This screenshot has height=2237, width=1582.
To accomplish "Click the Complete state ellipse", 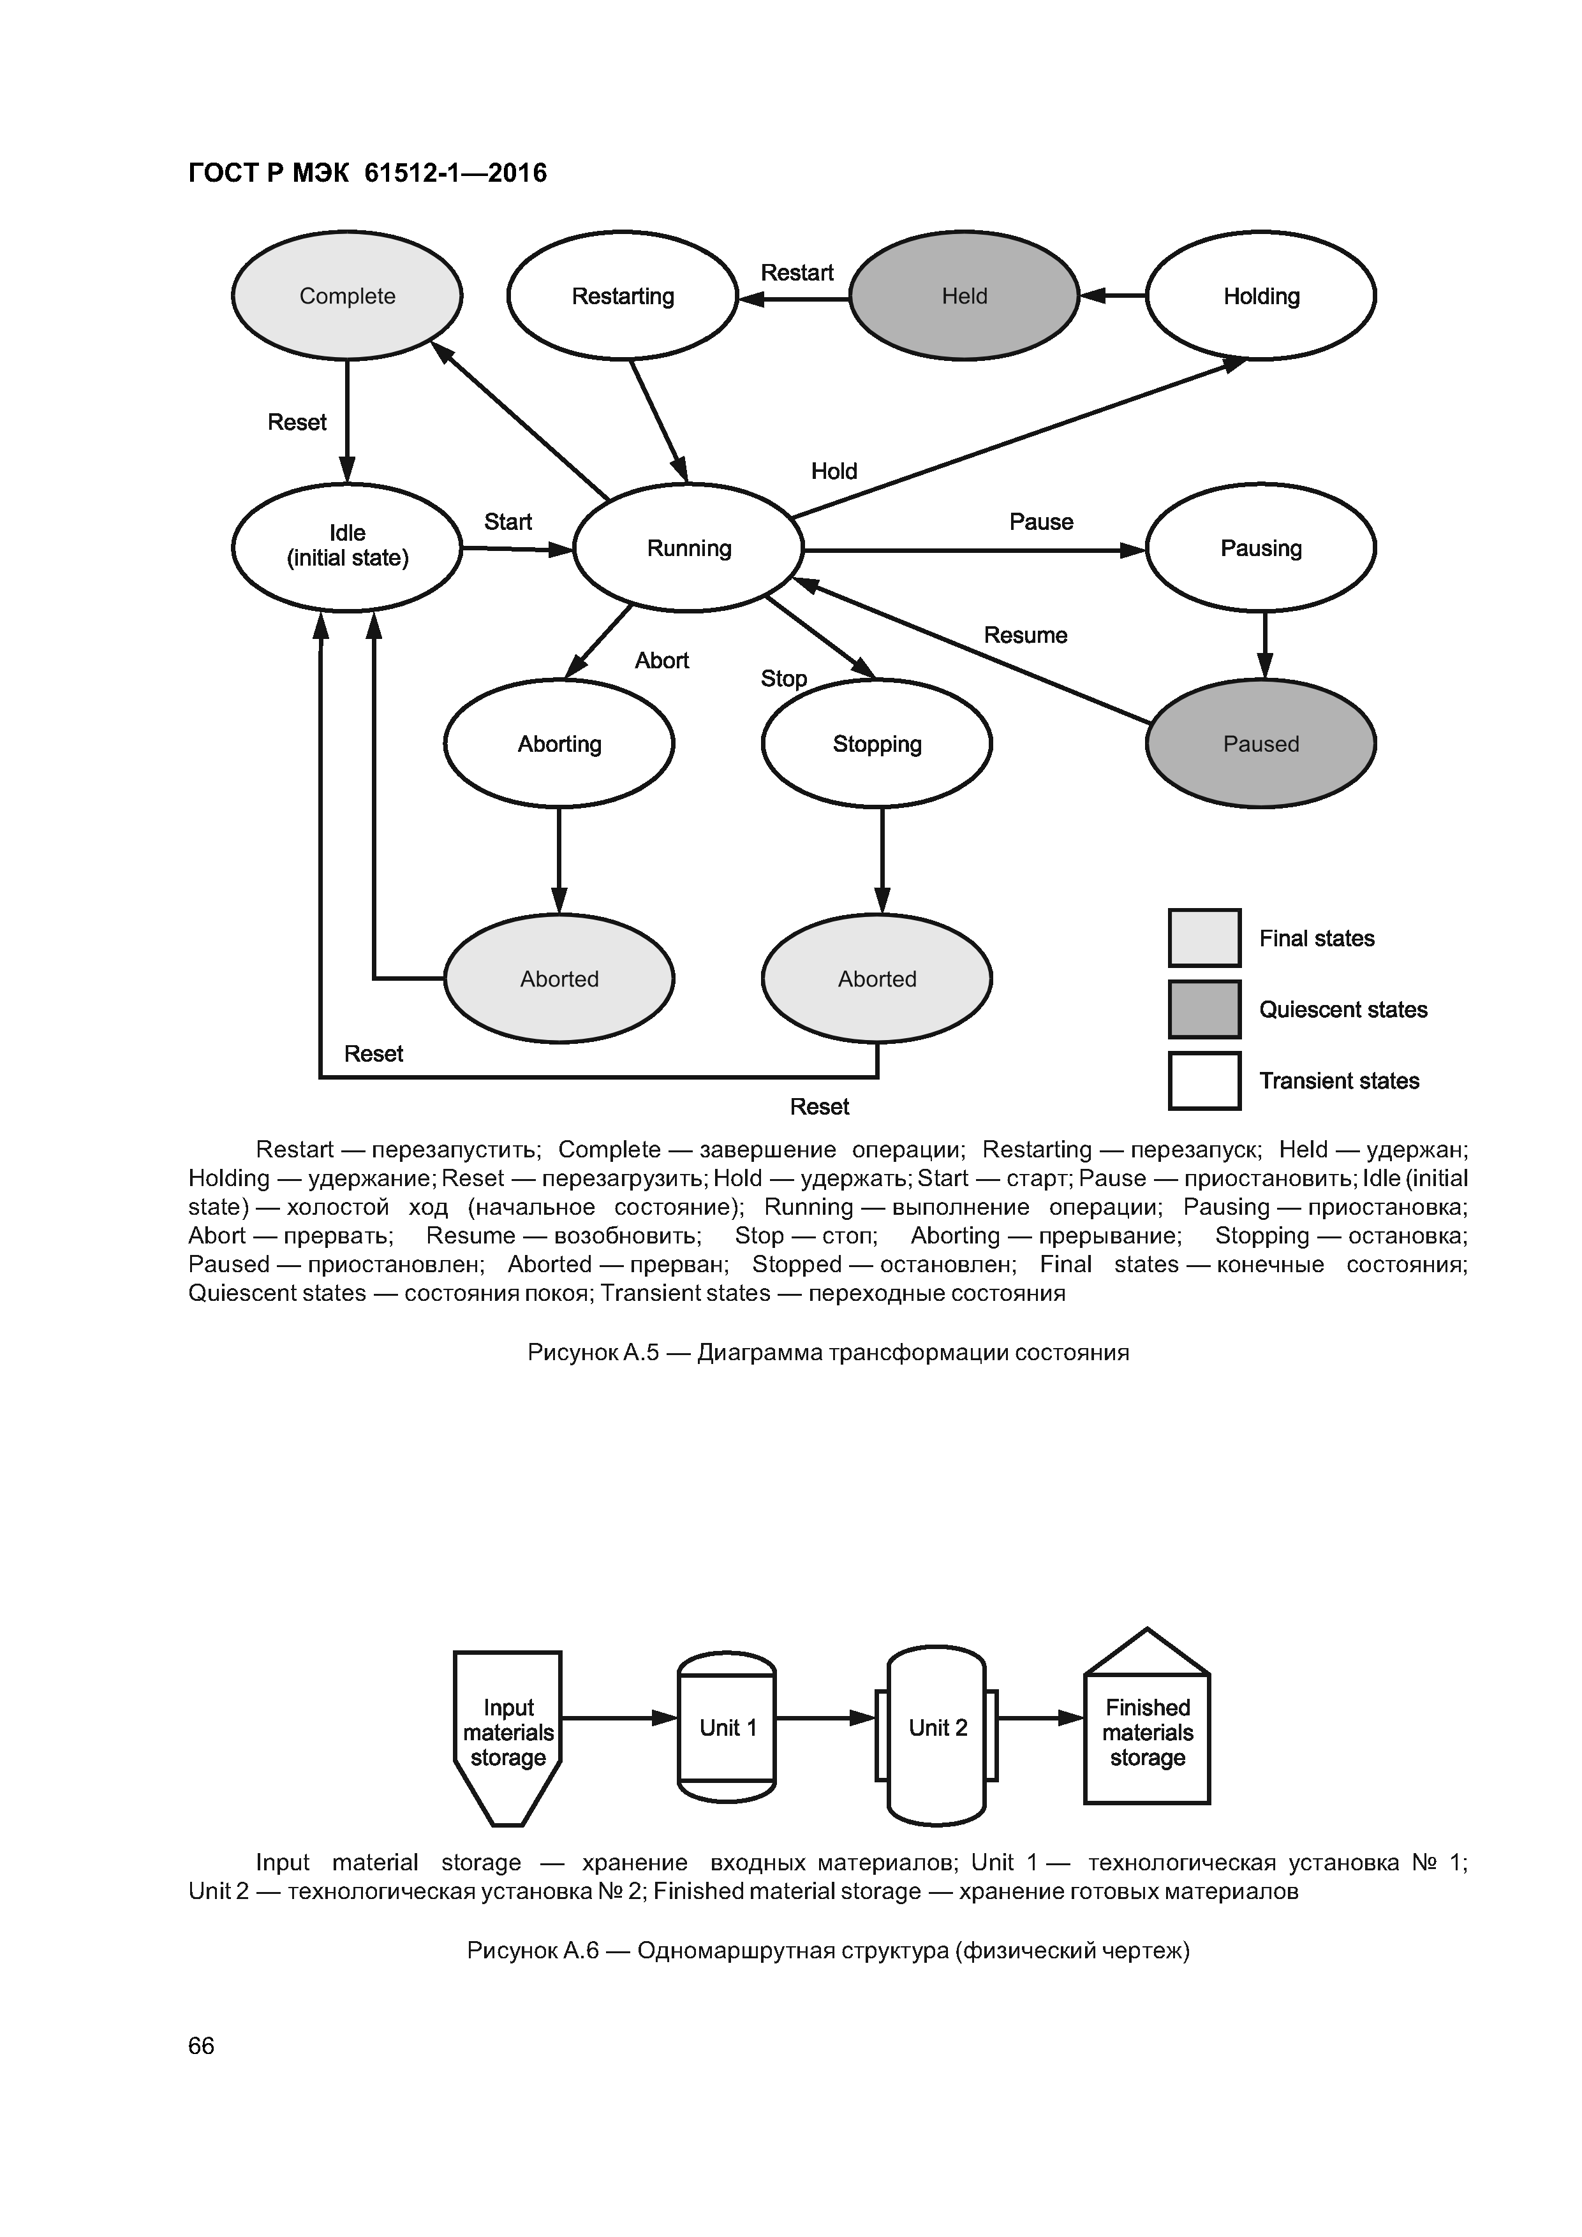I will [347, 295].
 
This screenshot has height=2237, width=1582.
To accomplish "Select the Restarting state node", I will [622, 295].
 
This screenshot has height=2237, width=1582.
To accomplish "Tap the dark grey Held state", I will [964, 295].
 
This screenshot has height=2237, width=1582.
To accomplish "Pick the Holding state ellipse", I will [1260, 295].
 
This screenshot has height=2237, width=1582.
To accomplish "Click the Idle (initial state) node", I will [347, 546].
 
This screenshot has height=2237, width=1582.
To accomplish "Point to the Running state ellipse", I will [688, 548].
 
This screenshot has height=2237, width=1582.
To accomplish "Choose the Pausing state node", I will [1260, 548].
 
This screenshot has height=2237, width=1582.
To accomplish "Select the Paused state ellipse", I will [1260, 744].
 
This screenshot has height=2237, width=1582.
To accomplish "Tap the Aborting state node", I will [559, 744].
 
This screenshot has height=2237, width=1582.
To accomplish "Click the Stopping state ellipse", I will [876, 744].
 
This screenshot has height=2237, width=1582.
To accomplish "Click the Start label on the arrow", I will [508, 521].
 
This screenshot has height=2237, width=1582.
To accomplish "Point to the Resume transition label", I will [1024, 635].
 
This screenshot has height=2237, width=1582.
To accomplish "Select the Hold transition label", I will [833, 471].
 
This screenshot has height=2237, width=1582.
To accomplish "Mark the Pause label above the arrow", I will [1041, 521].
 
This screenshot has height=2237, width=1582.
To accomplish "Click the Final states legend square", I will [1204, 937].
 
